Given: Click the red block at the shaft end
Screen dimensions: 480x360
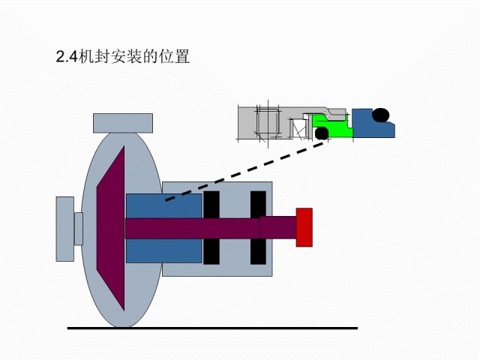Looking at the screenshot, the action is [x=304, y=227].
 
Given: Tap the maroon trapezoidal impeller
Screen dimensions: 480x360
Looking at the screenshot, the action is [x=111, y=228].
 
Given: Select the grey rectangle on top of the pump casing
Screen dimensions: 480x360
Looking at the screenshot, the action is [x=123, y=123].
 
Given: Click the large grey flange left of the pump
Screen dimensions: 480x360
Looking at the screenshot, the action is [x=65, y=229].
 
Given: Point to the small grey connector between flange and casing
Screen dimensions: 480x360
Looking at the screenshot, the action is [x=79, y=229].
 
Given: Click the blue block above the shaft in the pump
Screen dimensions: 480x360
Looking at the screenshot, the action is [x=163, y=205].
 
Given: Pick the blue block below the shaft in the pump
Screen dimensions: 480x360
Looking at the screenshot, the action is [x=163, y=250].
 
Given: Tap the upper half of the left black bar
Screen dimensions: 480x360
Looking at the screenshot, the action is [x=211, y=205].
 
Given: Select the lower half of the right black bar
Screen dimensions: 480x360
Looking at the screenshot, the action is [x=258, y=251].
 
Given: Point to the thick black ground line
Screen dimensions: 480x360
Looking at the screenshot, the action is [x=212, y=328].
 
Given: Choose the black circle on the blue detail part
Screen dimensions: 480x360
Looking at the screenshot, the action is [x=381, y=115].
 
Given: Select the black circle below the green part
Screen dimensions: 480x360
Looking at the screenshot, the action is [x=322, y=133].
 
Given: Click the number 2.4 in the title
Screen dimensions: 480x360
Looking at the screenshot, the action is [x=67, y=57].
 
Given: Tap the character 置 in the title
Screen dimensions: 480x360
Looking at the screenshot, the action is [x=182, y=56].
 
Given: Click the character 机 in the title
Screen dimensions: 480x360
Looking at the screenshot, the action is [x=86, y=56].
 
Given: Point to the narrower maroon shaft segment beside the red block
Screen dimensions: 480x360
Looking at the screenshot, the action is [x=278, y=227].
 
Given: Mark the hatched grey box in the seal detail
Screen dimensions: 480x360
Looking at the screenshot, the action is [x=268, y=122].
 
